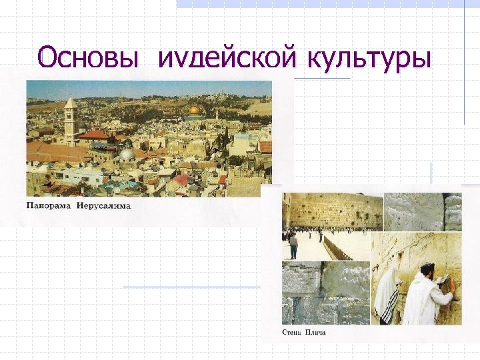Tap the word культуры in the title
tap(369, 59)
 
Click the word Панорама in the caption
tap(50, 206)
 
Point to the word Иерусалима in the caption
tap(104, 206)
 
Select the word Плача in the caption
tap(315, 332)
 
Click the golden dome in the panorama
tap(195, 109)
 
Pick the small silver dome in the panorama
tap(127, 154)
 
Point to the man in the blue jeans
tap(293, 246)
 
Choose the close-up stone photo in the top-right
tap(423, 211)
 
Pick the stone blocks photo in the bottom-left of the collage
tap(325, 293)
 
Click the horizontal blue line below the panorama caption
tap(192, 286)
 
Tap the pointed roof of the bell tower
tap(71, 101)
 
